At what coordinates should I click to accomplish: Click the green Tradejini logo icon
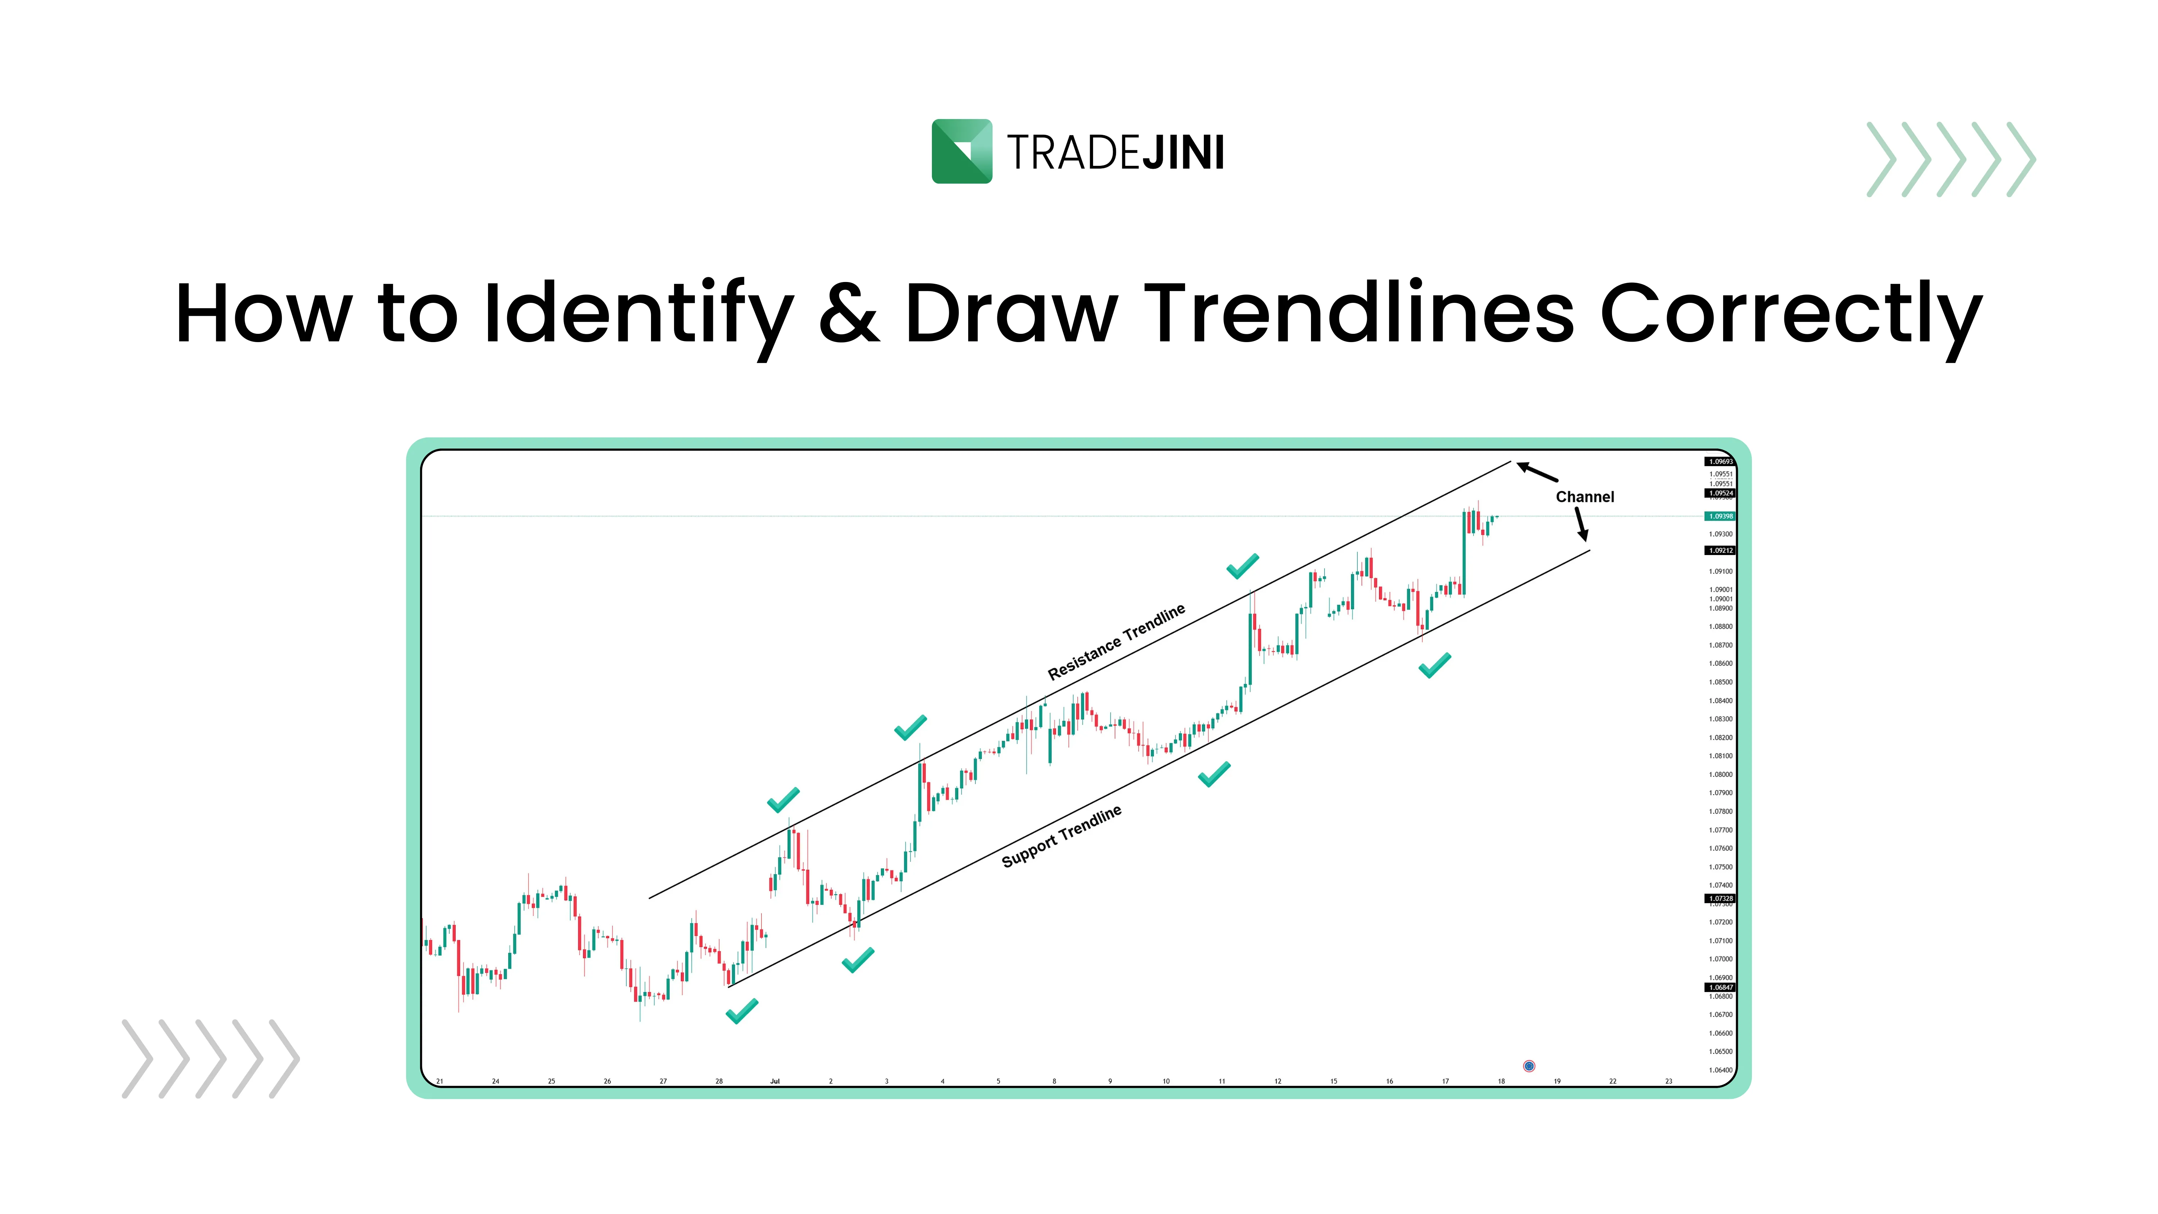962,152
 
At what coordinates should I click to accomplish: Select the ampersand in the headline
848,314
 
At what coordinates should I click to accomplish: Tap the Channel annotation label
1584,497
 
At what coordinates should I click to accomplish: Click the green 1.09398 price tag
1720,516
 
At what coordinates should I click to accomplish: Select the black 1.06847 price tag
1720,987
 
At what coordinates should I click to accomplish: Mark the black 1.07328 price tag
1720,898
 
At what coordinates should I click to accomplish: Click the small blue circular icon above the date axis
1529,1066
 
